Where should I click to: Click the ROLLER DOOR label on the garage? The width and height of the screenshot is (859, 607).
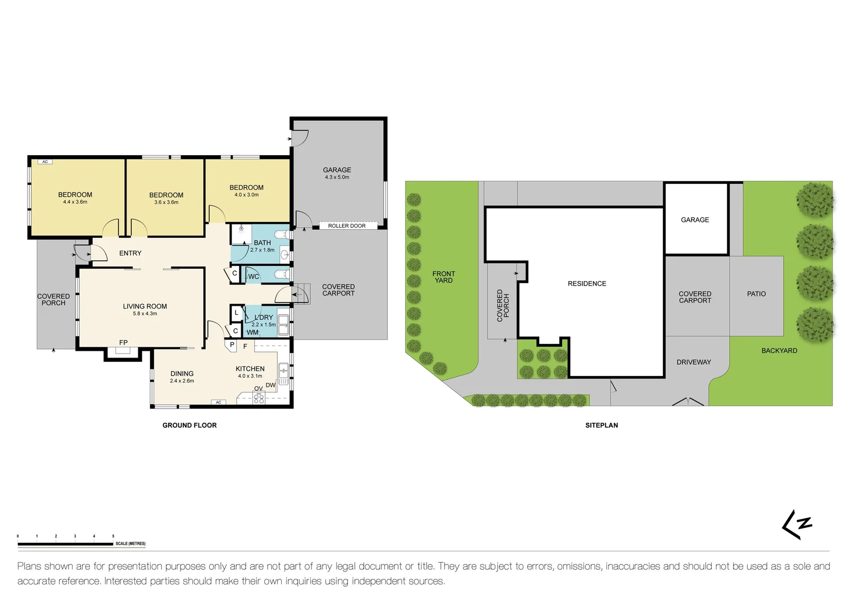point(347,226)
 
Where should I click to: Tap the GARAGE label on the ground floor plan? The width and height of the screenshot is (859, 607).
point(337,170)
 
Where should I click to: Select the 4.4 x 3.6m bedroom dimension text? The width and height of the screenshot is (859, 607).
point(75,202)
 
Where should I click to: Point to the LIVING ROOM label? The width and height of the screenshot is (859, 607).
point(145,306)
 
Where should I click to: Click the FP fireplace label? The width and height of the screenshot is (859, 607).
point(123,342)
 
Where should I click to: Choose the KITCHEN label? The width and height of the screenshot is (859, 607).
point(250,369)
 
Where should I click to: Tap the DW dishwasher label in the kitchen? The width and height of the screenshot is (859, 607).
point(270,385)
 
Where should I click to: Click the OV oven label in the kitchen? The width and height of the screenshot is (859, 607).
point(258,388)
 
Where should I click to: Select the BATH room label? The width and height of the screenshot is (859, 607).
point(263,243)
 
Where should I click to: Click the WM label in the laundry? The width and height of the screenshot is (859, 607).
point(252,332)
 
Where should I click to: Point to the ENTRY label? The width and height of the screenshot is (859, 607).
point(130,253)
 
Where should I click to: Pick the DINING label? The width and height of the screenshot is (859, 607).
point(182,374)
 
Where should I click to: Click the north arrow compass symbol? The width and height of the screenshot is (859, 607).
point(797,525)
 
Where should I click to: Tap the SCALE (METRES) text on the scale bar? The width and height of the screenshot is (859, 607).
point(130,543)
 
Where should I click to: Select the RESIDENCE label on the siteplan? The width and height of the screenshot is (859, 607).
point(587,284)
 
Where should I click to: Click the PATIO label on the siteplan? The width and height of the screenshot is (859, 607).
point(756,294)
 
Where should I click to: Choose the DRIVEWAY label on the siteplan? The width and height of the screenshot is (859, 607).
point(694,363)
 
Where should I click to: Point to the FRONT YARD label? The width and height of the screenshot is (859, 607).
point(444,277)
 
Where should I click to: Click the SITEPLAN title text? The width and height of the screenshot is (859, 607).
point(602,425)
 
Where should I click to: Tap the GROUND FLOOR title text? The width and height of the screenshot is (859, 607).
point(189,425)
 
